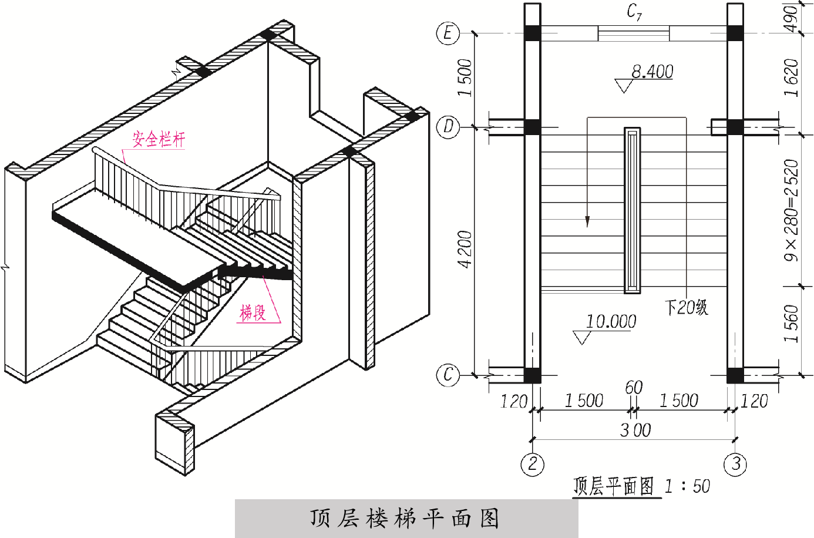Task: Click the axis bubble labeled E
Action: pyautogui.click(x=448, y=33)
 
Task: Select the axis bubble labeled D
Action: pyautogui.click(x=448, y=127)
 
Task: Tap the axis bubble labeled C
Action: pyautogui.click(x=448, y=375)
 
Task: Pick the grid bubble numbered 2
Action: pyautogui.click(x=532, y=464)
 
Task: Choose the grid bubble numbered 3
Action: pyautogui.click(x=735, y=464)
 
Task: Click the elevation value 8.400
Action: pyautogui.click(x=652, y=72)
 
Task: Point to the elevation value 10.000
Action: pyautogui.click(x=611, y=321)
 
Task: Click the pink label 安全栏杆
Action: pyautogui.click(x=159, y=139)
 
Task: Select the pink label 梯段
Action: pyautogui.click(x=253, y=312)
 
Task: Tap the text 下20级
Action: pyautogui.click(x=686, y=307)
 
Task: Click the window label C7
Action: pyautogui.click(x=634, y=12)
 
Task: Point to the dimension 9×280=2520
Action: pyautogui.click(x=792, y=210)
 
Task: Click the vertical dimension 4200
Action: pyautogui.click(x=465, y=250)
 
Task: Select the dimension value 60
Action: pyautogui.click(x=634, y=388)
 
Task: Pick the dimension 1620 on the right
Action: pyautogui.click(x=792, y=78)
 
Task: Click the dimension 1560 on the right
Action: pyautogui.click(x=792, y=323)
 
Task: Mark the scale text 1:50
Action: pyautogui.click(x=687, y=486)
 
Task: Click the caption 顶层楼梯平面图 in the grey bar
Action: pyautogui.click(x=405, y=519)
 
